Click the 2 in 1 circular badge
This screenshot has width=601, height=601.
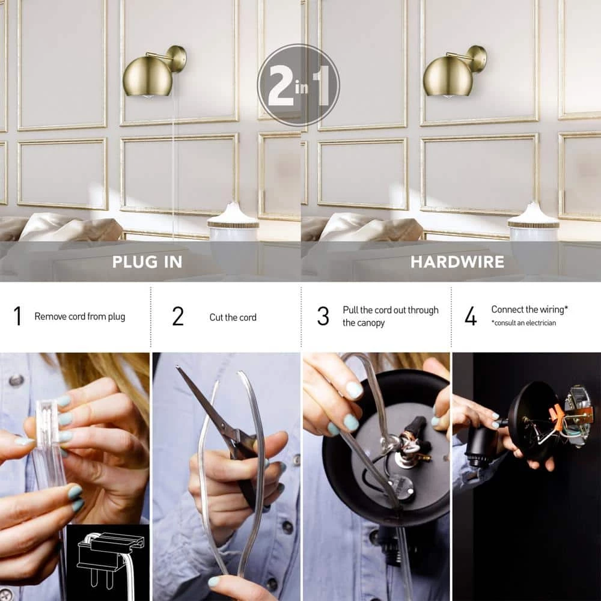click(298, 85)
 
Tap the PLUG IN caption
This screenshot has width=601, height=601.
click(147, 262)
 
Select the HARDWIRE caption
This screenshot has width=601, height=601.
click(457, 262)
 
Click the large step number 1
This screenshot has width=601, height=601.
click(17, 316)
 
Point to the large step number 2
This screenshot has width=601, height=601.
click(178, 316)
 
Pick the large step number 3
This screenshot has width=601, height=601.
click(323, 316)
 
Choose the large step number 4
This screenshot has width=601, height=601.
click(471, 316)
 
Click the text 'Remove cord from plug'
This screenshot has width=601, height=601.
click(80, 317)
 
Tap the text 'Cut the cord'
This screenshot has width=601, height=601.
click(233, 317)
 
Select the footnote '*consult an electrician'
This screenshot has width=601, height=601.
click(523, 323)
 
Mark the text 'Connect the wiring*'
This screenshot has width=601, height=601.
click(529, 310)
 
